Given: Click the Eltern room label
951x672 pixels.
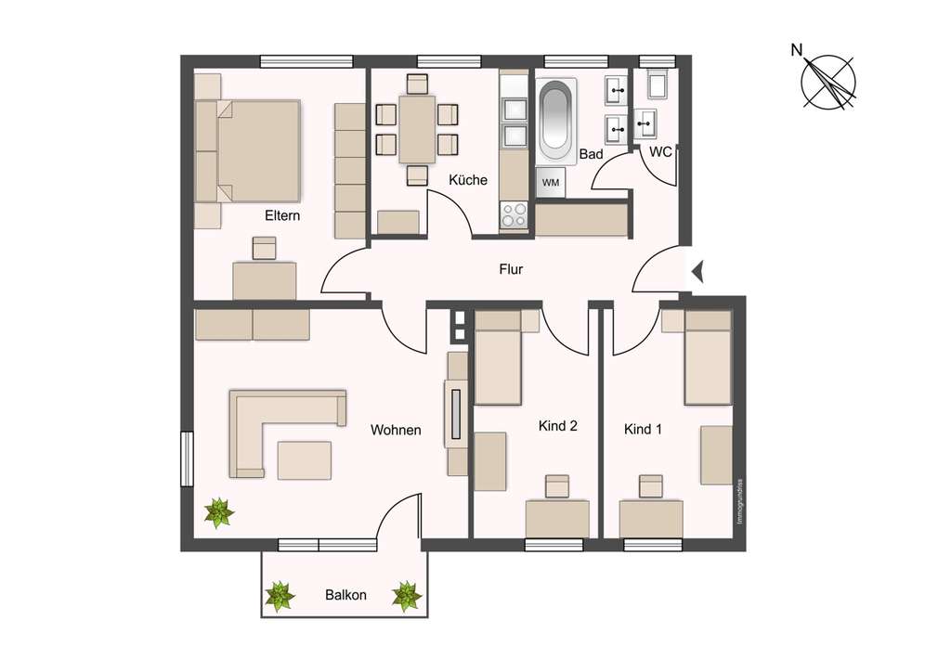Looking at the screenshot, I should (283, 215).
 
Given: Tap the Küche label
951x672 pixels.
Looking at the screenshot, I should (467, 180).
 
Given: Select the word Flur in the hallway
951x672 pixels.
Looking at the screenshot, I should (511, 270).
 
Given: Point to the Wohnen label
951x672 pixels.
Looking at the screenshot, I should (396, 430).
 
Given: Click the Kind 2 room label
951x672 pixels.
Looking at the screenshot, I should (558, 427).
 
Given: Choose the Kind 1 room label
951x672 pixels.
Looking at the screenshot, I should (644, 430).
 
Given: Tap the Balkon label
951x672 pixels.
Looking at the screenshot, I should (345, 595).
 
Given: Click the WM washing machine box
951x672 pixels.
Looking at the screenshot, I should (551, 183).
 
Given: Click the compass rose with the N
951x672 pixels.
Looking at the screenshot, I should (827, 82).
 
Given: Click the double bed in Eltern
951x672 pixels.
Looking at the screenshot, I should (253, 150).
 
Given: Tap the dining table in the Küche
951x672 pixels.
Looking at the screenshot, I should (417, 128).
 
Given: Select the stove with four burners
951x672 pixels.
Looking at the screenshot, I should (514, 215).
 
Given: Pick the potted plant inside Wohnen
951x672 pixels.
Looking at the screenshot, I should (219, 511).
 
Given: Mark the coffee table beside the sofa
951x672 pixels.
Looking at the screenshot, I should (304, 459).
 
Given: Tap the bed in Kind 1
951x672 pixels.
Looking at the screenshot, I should (708, 358).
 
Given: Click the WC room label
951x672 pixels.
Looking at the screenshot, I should (660, 151).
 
